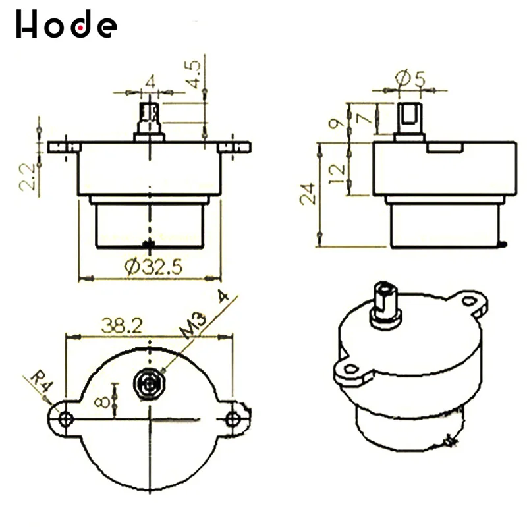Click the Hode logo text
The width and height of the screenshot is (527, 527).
67,24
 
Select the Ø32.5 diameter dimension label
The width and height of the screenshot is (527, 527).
153,267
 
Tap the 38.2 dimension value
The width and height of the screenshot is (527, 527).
122,325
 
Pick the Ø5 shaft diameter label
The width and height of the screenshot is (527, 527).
410,78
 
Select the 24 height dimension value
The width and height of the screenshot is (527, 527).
308,194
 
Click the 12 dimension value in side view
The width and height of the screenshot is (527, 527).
337,173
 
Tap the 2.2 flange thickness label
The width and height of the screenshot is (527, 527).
27,177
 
